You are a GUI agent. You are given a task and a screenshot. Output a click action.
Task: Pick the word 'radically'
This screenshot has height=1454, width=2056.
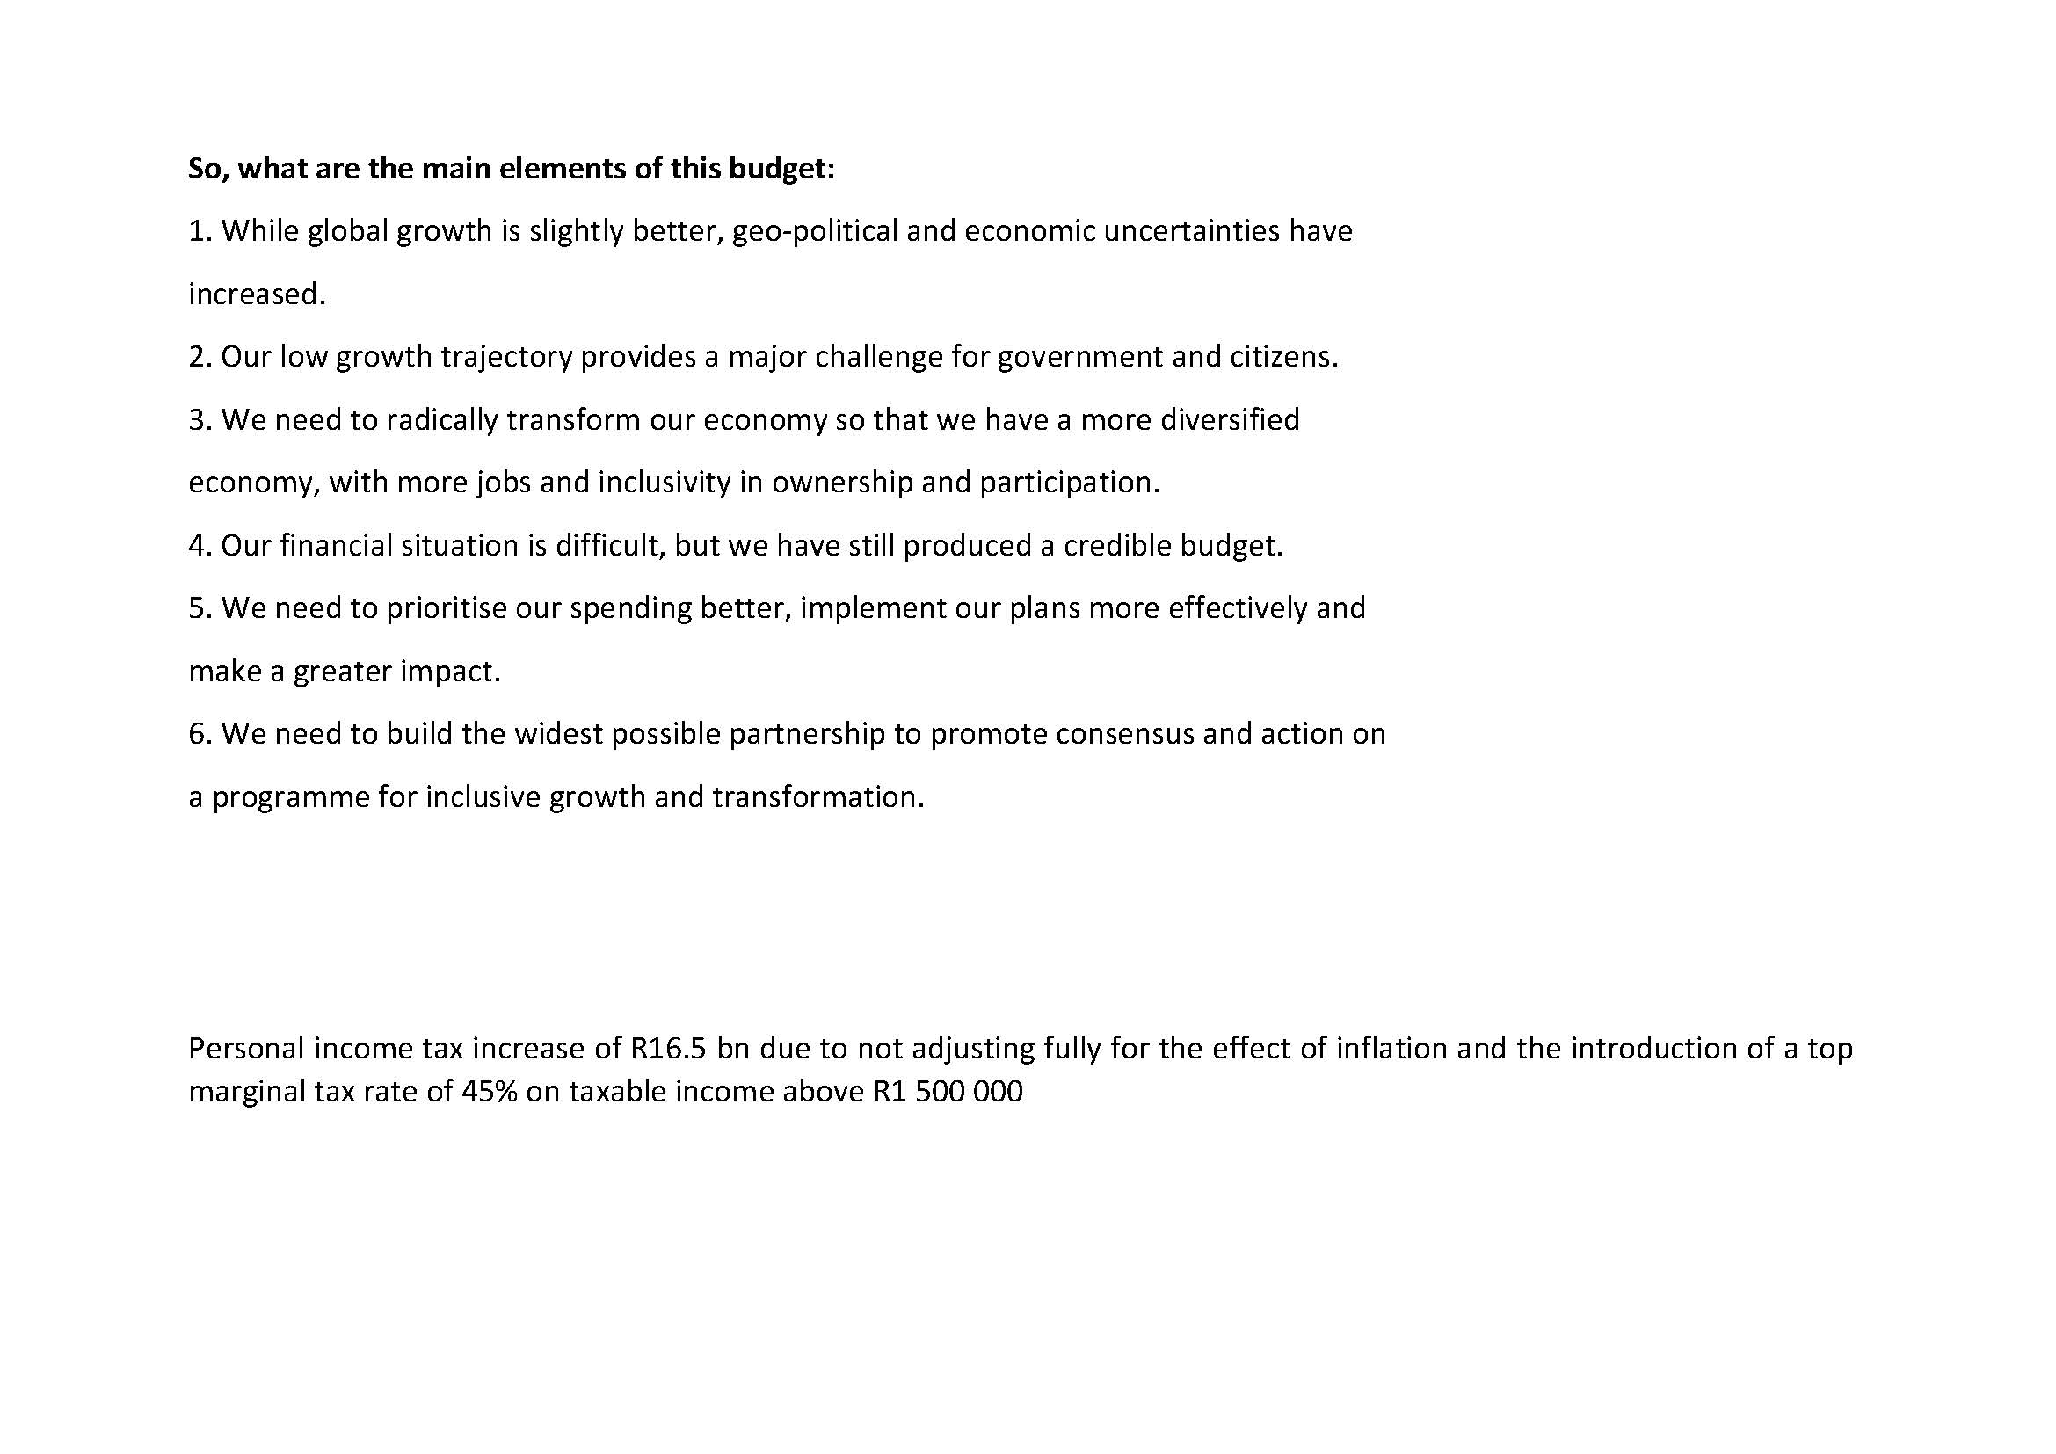[441, 420]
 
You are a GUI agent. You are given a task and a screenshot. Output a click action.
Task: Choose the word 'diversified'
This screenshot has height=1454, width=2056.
[1230, 420]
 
